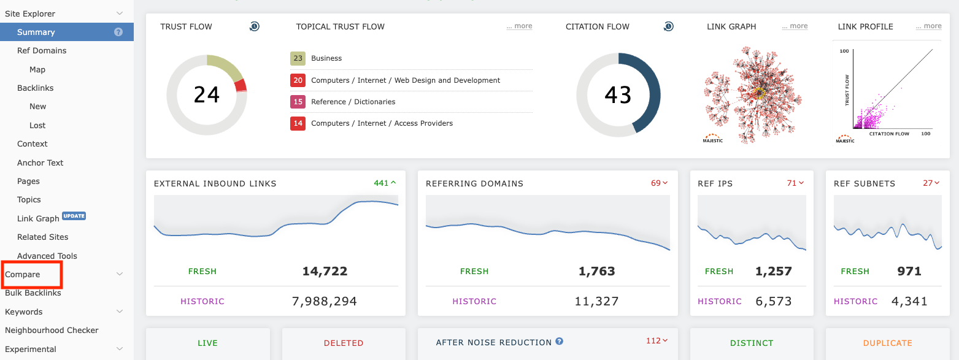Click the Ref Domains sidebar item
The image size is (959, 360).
coord(42,51)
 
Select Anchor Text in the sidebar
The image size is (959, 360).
coord(40,163)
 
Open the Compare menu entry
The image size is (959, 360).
coord(23,274)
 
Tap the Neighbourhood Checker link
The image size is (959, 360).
coord(52,330)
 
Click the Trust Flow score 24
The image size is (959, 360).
coord(207,95)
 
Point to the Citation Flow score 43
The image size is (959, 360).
coord(618,95)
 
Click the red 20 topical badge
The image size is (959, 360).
coord(298,80)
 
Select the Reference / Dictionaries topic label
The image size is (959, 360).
coord(353,102)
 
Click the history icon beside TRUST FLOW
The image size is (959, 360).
coord(255,26)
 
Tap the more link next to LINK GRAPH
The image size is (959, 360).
coord(795,26)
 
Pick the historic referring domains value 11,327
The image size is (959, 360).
coord(596,301)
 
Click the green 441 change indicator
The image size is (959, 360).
coord(385,183)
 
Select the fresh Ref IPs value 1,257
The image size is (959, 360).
coord(774,271)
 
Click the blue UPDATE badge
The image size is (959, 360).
coord(74,216)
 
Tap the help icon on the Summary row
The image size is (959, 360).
coord(118,32)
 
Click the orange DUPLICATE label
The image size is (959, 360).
coord(887,343)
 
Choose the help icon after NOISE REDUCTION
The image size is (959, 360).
coord(560,342)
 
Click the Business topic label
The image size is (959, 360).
coord(326,58)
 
